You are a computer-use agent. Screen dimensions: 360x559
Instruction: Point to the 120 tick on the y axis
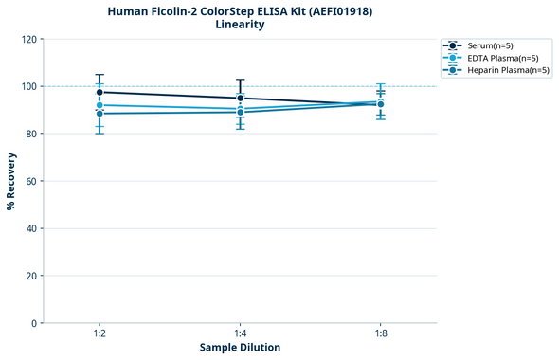click(x=28, y=39)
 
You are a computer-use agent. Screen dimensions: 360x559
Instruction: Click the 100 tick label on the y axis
click(x=28, y=86)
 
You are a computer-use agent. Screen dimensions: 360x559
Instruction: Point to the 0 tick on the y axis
click(x=34, y=323)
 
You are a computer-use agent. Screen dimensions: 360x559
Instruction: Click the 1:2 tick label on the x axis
click(x=99, y=334)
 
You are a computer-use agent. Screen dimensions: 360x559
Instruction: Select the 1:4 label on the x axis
click(x=240, y=334)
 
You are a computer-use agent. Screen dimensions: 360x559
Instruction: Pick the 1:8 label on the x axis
click(x=380, y=334)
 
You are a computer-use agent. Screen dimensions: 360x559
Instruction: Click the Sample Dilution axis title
click(x=240, y=348)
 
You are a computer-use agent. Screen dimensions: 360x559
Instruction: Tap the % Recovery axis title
click(x=11, y=181)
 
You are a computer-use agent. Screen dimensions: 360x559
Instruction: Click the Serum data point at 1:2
click(x=99, y=92)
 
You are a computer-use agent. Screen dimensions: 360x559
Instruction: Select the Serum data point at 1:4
click(x=241, y=98)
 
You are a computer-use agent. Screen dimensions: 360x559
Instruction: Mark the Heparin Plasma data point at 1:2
click(x=99, y=114)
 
